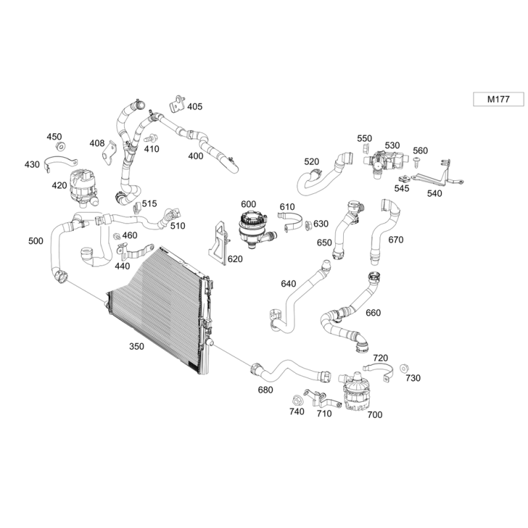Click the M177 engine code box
click(x=498, y=99)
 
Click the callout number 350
click(x=137, y=346)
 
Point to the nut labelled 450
click(x=60, y=147)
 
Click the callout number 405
click(x=195, y=106)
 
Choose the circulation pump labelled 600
click(x=252, y=225)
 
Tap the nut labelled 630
click(x=308, y=225)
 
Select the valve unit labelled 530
click(x=383, y=161)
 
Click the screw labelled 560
click(x=416, y=164)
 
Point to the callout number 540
click(x=435, y=193)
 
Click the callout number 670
click(x=395, y=240)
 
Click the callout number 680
click(x=265, y=390)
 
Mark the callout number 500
click(x=36, y=241)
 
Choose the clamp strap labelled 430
click(x=62, y=163)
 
